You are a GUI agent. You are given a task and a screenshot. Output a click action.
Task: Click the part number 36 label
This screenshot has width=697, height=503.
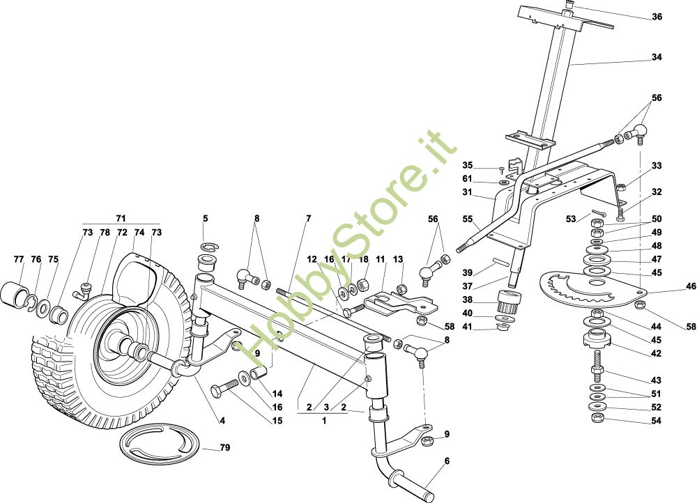pyautogui.click(x=657, y=17)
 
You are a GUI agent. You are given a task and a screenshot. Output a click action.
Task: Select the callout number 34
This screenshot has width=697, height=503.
pyautogui.click(x=657, y=57)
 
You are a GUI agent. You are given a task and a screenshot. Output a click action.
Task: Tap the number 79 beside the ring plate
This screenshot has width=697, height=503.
pyautogui.click(x=225, y=447)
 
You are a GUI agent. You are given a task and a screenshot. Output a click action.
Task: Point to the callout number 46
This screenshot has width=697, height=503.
pyautogui.click(x=690, y=286)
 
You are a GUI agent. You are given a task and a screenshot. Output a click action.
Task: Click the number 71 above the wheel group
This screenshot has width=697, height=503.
pyautogui.click(x=121, y=218)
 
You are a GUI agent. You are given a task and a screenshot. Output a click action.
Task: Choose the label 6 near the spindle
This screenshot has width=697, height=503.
pyautogui.click(x=447, y=461)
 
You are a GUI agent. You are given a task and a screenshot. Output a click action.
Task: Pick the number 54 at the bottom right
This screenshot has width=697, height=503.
pyautogui.click(x=656, y=420)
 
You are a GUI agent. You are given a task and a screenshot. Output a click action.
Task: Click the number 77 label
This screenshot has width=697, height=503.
pyautogui.click(x=18, y=259)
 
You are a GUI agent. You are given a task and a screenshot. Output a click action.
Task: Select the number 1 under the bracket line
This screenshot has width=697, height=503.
pyautogui.click(x=324, y=420)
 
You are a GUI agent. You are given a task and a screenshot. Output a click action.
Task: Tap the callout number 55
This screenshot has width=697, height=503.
pyautogui.click(x=468, y=219)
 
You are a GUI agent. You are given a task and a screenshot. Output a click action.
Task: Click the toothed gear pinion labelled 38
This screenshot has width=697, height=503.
pyautogui.click(x=505, y=301)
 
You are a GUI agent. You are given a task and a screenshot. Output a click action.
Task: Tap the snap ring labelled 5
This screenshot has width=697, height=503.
pyautogui.click(x=208, y=247)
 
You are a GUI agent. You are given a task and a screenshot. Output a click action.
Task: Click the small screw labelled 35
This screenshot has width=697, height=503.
pyautogui.click(x=502, y=169)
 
